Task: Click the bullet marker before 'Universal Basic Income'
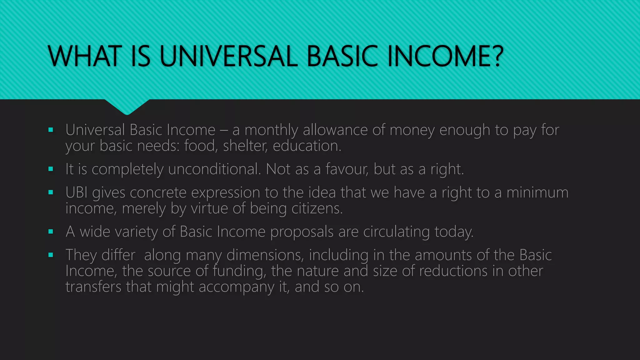(x=51, y=130)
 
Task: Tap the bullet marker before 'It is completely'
(x=51, y=169)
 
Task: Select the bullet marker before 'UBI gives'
(x=51, y=192)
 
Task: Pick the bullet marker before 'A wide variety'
(x=51, y=232)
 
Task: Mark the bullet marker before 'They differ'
(x=51, y=255)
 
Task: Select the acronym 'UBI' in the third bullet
(x=77, y=192)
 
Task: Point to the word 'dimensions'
(x=265, y=255)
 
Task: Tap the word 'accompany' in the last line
(x=236, y=287)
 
